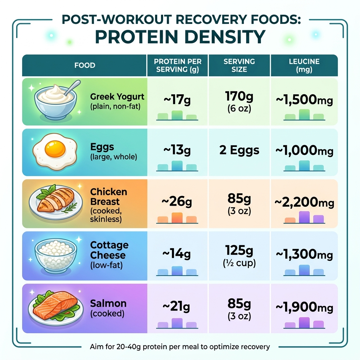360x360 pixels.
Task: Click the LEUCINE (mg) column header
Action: [304, 65]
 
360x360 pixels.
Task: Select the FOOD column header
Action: [85, 65]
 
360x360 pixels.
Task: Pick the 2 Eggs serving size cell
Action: [239, 150]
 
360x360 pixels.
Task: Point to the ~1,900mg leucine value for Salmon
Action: [304, 308]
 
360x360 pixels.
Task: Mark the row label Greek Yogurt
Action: [117, 96]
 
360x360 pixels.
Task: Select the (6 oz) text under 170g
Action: [239, 108]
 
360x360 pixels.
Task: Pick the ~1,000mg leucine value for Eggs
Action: [304, 150]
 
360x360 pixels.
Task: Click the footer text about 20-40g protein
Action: [179, 347]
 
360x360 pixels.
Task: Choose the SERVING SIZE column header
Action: [239, 65]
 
